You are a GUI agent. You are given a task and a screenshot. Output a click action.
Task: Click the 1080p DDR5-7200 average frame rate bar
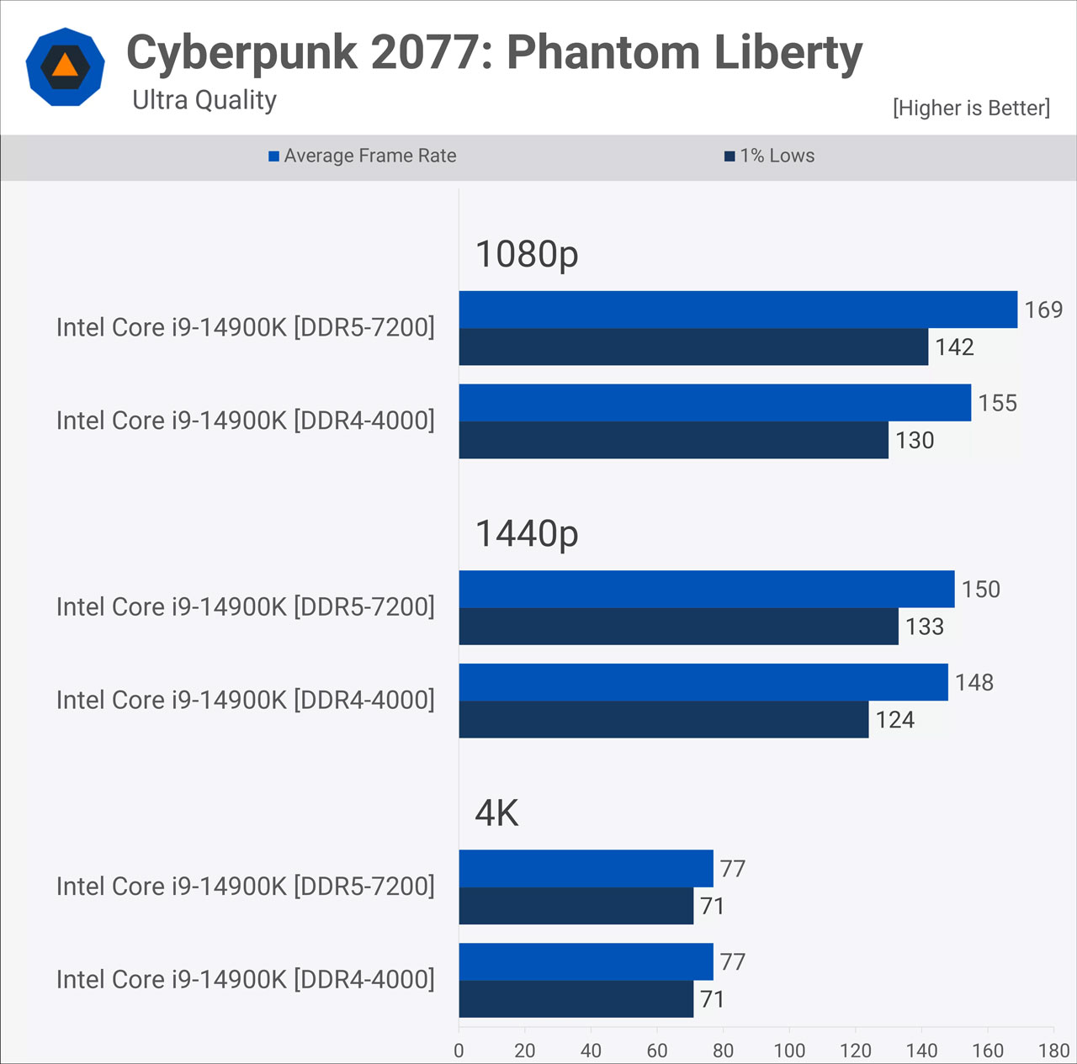pos(738,310)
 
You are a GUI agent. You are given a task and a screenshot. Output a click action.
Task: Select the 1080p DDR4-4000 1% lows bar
pos(673,440)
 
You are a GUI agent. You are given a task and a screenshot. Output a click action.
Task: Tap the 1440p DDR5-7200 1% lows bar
pos(678,627)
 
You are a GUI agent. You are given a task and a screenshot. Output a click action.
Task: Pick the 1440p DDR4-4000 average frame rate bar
pos(703,682)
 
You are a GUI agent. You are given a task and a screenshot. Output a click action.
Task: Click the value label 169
pos(1043,310)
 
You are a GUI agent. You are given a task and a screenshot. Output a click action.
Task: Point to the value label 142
pos(954,347)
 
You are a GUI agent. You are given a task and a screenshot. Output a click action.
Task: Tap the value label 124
pos(894,720)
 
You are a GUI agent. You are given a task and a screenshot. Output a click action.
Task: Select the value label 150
pos(980,590)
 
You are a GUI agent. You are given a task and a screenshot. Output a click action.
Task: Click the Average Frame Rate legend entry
pos(363,156)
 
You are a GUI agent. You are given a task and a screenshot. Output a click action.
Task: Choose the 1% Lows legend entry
pos(770,156)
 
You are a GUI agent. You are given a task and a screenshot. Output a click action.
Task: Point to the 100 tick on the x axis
pos(789,1051)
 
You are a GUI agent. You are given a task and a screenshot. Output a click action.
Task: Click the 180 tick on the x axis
pos(1053,1051)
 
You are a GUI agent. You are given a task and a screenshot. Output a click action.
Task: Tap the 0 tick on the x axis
pos(459,1051)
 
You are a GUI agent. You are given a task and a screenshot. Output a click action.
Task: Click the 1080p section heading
pos(527,254)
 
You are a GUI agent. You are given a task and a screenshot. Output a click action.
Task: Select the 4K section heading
pos(496,813)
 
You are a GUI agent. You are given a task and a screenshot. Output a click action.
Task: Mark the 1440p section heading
pos(527,533)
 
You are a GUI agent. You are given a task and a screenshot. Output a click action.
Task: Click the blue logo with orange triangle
pos(65,66)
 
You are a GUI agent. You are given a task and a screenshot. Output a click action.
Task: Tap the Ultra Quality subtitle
pos(204,100)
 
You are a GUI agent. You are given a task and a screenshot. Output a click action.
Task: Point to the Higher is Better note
pos(971,108)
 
